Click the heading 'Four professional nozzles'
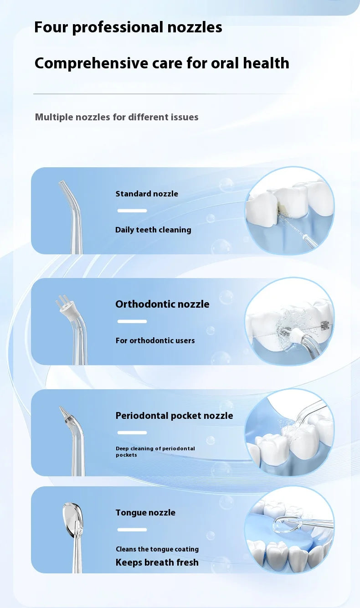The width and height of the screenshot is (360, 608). (x=128, y=27)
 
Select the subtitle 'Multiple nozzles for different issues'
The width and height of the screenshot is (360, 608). (x=117, y=117)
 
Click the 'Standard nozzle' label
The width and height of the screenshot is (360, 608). (x=147, y=194)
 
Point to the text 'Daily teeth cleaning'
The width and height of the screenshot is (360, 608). (x=153, y=230)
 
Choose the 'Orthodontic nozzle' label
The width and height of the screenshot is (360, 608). (x=162, y=304)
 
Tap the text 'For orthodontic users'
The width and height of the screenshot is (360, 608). (x=155, y=340)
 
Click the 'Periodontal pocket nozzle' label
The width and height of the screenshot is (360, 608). (x=174, y=416)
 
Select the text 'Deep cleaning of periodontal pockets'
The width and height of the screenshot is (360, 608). (x=155, y=452)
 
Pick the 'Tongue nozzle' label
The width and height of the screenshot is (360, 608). (x=145, y=513)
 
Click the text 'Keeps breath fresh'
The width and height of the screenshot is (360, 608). (x=157, y=562)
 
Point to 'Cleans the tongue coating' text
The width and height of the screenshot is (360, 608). (x=157, y=549)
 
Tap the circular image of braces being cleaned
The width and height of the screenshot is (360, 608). (x=290, y=321)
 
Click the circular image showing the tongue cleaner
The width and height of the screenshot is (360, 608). (x=290, y=530)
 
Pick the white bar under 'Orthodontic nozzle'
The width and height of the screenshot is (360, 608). (x=132, y=321)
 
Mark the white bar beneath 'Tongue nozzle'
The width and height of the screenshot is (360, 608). (x=132, y=530)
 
